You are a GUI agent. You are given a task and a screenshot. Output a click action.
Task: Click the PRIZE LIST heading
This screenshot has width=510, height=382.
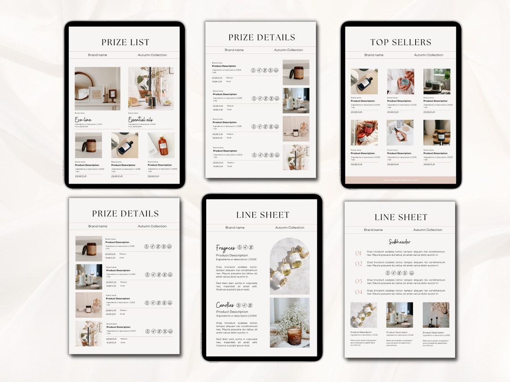(x=125, y=42)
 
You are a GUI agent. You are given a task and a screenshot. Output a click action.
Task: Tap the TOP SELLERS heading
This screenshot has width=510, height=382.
(x=400, y=42)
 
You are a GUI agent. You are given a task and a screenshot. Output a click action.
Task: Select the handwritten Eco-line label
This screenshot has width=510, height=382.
(x=84, y=120)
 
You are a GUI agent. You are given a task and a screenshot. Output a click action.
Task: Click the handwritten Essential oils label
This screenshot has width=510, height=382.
(x=140, y=120)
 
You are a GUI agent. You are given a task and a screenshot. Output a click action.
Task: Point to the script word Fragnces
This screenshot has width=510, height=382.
(x=225, y=248)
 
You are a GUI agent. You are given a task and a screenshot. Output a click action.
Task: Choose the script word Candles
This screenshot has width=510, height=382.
(x=225, y=305)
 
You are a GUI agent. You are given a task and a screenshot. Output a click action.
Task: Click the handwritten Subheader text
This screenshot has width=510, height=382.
(x=399, y=242)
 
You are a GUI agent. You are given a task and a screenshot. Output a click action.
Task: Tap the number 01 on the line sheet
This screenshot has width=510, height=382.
(x=358, y=253)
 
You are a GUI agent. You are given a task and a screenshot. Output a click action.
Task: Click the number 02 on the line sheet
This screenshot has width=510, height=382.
(x=358, y=264)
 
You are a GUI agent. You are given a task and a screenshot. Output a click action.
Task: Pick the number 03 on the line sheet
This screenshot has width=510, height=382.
(x=358, y=281)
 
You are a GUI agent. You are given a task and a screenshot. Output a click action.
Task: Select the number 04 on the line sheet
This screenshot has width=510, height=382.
(x=358, y=292)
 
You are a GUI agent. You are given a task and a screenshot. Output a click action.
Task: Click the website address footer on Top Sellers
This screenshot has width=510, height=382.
(x=400, y=180)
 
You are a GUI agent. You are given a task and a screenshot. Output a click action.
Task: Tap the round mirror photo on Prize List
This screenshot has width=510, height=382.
(x=98, y=88)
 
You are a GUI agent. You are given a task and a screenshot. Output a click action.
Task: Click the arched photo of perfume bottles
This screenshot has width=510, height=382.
(x=289, y=266)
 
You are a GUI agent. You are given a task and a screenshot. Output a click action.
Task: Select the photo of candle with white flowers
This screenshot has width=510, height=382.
(x=289, y=323)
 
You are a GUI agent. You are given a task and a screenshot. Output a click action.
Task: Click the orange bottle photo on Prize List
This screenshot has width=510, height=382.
(x=161, y=145)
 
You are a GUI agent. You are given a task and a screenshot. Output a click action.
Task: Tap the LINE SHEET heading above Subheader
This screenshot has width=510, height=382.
(x=401, y=218)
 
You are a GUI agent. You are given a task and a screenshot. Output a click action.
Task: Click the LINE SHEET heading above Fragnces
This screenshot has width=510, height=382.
(x=263, y=215)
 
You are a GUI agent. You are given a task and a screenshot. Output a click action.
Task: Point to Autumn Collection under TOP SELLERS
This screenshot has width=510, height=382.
(x=429, y=55)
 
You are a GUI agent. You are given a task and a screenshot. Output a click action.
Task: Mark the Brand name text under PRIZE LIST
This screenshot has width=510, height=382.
(x=98, y=55)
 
